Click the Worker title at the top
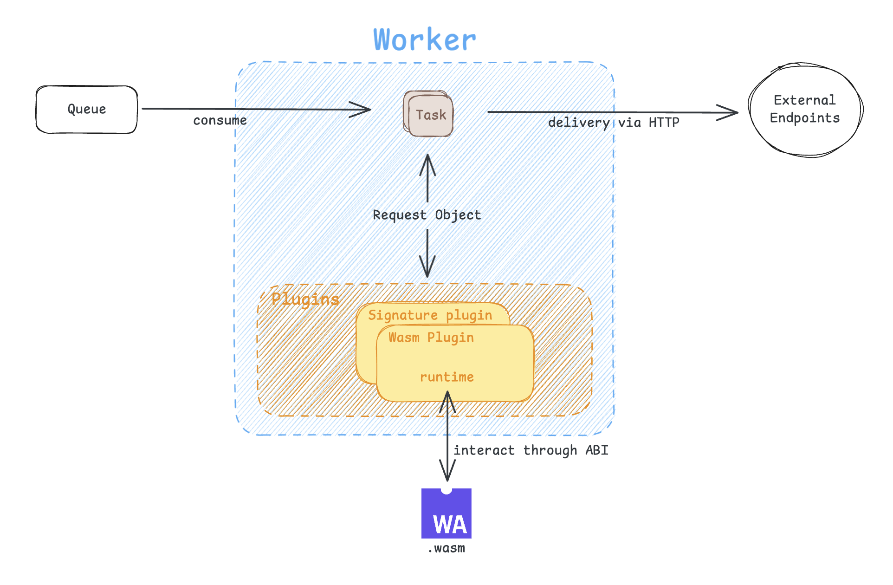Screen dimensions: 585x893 (425, 40)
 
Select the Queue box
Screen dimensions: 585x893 (87, 110)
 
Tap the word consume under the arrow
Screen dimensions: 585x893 (220, 121)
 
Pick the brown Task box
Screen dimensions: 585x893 (429, 114)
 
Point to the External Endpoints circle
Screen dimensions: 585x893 (805, 110)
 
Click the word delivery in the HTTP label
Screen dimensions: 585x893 (579, 123)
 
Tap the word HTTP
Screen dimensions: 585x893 (664, 123)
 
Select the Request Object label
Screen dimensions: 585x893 (427, 215)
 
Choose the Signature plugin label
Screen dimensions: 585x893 (430, 315)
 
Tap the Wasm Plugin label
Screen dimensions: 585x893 (431, 338)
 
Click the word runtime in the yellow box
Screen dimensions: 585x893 (446, 377)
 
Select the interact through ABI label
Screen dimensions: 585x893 (531, 450)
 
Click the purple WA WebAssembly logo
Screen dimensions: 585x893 (446, 513)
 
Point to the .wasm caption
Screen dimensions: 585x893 (446, 548)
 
